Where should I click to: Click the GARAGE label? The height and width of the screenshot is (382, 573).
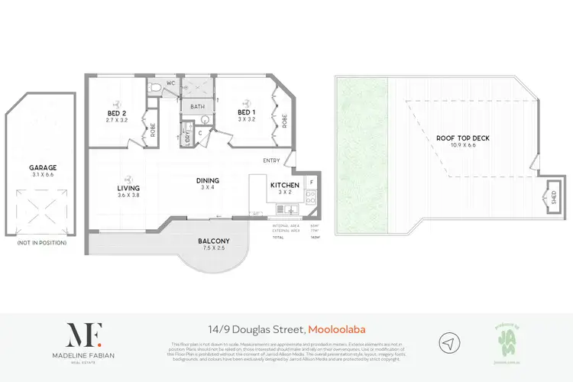pyautogui.click(x=43, y=167)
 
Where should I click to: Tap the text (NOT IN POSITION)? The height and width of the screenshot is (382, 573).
pyautogui.click(x=43, y=242)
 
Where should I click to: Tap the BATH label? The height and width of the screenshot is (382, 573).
pyautogui.click(x=197, y=107)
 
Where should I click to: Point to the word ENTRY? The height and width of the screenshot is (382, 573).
pyautogui.click(x=271, y=160)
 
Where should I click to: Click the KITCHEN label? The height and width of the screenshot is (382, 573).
pyautogui.click(x=285, y=185)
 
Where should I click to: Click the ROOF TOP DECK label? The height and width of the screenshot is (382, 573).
pyautogui.click(x=462, y=138)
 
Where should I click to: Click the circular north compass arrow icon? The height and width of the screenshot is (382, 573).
pyautogui.click(x=449, y=342)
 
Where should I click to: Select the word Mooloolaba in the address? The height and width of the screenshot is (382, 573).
pyautogui.click(x=336, y=329)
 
